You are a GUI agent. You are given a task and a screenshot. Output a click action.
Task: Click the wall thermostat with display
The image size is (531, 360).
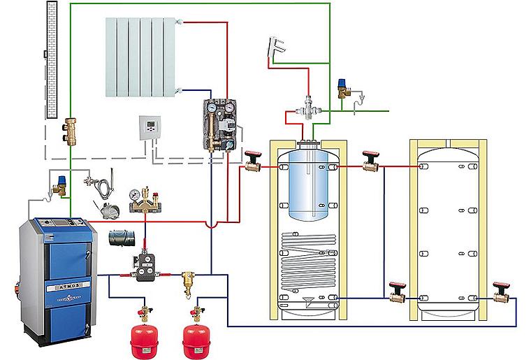(150, 127)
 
